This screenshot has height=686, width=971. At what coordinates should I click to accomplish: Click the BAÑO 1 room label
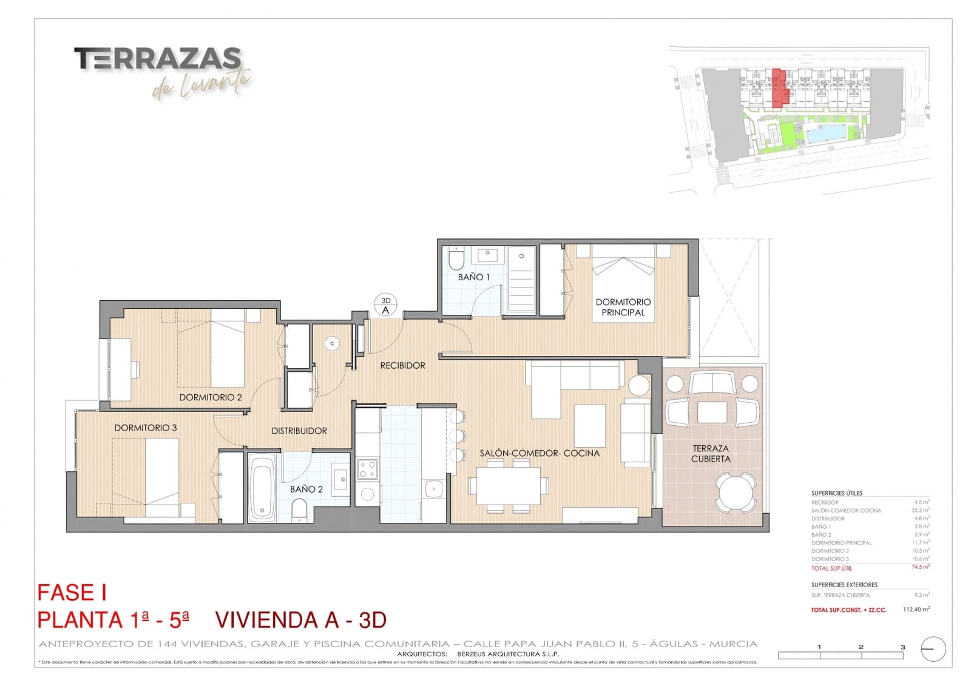473,277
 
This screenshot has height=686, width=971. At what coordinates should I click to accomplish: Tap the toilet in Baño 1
456,260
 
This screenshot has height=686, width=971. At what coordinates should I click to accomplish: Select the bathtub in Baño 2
262,489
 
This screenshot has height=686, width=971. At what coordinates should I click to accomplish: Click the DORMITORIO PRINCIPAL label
623,307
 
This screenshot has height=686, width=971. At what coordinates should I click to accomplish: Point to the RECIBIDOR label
402,365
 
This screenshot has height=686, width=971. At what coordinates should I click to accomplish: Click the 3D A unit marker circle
385,305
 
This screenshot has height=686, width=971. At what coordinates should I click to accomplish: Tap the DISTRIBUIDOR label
299,431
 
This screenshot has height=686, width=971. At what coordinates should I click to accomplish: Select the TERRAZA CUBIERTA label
711,454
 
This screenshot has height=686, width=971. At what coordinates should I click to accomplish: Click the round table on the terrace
736,493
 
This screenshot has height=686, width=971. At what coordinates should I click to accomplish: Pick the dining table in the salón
508,485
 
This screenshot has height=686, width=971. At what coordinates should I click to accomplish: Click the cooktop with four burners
367,468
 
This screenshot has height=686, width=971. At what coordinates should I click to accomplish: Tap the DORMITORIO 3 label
146,428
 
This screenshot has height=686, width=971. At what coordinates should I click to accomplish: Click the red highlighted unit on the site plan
779,88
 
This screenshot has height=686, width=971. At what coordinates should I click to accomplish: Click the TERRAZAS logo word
158,59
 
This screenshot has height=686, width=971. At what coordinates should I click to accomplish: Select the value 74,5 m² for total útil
920,567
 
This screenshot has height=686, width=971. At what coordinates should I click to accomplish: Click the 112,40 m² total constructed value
916,609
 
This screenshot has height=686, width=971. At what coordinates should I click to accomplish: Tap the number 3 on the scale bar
902,647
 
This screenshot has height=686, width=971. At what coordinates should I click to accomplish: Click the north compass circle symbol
933,649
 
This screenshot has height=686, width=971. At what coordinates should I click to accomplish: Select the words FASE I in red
72,593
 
